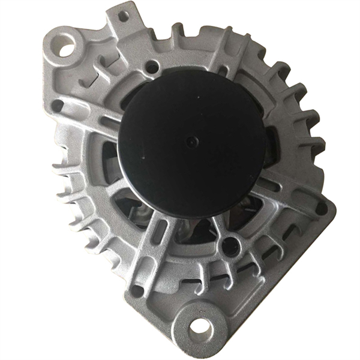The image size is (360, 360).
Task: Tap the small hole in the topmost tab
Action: click(x=123, y=16)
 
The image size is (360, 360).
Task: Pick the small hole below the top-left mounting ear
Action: click(x=58, y=106)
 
